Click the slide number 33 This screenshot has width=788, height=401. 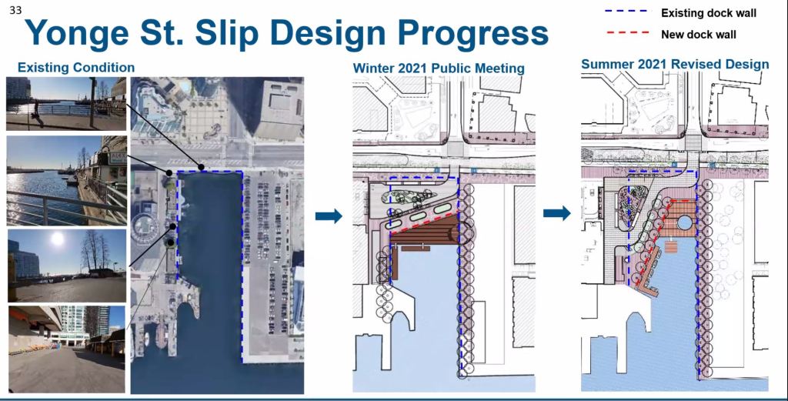click(15, 10)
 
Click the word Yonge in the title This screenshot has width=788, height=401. click(75, 34)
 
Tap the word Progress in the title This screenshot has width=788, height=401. click(473, 34)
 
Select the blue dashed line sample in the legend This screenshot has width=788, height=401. click(626, 11)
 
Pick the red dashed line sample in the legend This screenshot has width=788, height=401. click(628, 32)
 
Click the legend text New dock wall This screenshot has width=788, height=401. click(698, 35)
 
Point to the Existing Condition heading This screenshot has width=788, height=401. click(76, 67)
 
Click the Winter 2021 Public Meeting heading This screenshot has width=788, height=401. click(438, 69)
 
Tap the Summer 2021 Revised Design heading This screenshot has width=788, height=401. click(675, 65)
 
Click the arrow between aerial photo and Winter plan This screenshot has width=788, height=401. click(329, 216)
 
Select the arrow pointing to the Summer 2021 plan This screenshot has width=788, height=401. click(557, 213)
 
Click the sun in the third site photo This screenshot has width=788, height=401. click(58, 239)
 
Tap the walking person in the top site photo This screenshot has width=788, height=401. click(35, 112)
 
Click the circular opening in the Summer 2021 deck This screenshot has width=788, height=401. click(684, 222)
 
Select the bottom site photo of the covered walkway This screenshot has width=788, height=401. click(66, 349)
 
